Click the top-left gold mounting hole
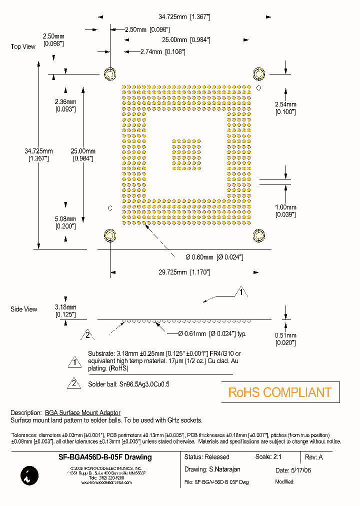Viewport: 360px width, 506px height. point(110,74)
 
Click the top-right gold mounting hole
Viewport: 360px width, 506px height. point(258,74)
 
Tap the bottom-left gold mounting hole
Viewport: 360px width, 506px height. point(110,235)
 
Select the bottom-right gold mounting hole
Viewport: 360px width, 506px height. point(258,235)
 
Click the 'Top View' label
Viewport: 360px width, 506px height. point(23,46)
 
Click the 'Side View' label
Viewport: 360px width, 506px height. point(23,309)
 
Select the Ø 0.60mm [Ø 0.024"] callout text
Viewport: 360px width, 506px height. point(214,257)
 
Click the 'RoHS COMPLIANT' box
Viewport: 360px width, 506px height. point(280,392)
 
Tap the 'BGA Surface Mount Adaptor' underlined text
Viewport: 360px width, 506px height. point(82,412)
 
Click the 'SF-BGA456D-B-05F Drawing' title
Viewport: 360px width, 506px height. point(105,457)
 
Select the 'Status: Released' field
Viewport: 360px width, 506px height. point(206,457)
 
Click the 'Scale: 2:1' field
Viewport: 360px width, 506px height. point(270,457)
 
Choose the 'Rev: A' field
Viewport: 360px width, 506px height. point(314,457)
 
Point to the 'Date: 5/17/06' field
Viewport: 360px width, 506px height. point(296,470)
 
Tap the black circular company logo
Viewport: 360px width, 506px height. point(26,475)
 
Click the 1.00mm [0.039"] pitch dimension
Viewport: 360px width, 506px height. point(285,210)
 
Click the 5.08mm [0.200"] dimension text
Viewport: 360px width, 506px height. point(65,222)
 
